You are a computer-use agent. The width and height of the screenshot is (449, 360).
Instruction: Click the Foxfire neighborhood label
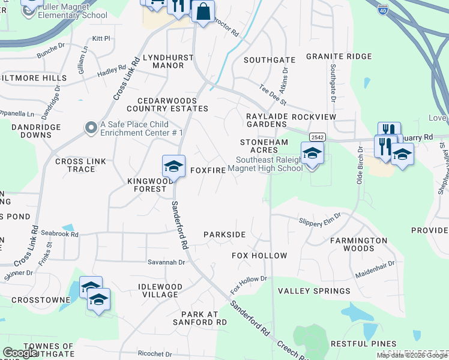208,170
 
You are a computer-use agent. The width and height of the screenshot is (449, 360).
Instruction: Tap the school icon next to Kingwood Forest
173,166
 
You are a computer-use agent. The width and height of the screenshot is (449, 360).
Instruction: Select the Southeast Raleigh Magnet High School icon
312,154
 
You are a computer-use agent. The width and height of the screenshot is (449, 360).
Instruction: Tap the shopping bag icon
203,11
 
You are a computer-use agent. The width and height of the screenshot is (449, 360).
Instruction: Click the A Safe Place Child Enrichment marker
91,127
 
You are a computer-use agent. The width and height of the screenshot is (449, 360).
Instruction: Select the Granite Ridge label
339,56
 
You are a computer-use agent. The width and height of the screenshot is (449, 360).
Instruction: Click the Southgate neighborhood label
270,60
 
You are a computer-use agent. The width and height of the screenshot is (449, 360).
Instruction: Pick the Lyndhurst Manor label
163,61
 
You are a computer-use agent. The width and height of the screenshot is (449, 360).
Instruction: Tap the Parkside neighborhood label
224,234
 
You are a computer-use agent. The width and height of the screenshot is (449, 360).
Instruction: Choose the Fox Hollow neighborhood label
260,256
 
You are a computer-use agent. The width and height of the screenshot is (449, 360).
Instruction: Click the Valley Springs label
314,291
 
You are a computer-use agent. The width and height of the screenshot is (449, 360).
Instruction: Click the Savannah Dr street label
166,262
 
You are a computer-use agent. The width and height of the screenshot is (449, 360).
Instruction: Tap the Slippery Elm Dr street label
320,219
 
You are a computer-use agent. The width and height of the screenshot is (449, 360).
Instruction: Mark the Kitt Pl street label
101,38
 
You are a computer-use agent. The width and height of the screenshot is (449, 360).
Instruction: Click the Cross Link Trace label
75,165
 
